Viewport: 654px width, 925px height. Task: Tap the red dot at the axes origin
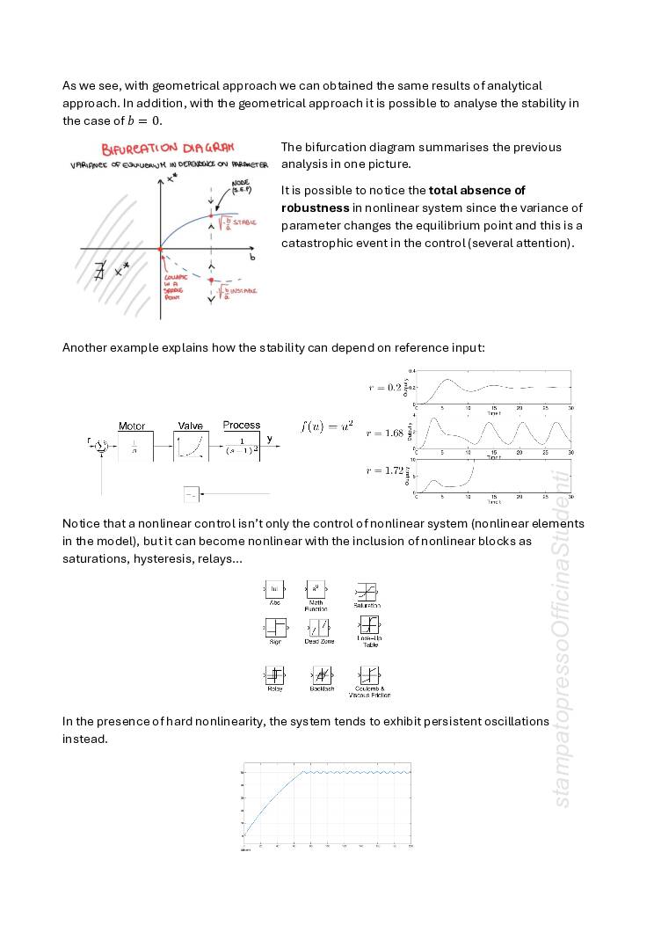coord(160,249)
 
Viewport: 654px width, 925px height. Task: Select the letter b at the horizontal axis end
coord(252,259)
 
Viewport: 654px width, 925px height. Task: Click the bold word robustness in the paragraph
coord(315,208)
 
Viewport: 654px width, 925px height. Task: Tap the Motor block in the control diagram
coord(135,447)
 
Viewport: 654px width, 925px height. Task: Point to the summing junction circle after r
coord(101,444)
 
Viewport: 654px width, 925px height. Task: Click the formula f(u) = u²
coord(327,426)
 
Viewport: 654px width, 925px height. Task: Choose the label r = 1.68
coord(384,433)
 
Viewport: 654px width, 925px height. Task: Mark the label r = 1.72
coord(384,470)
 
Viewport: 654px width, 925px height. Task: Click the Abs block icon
coord(274,588)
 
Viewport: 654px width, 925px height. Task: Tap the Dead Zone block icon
coord(319,627)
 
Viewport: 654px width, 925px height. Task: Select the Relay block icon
coord(274,675)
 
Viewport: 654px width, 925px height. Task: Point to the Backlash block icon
coord(322,675)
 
